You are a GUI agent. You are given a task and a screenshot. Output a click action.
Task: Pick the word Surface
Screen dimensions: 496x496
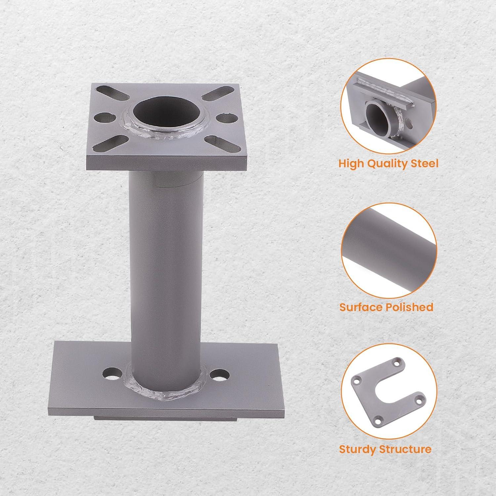pos(361,307)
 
